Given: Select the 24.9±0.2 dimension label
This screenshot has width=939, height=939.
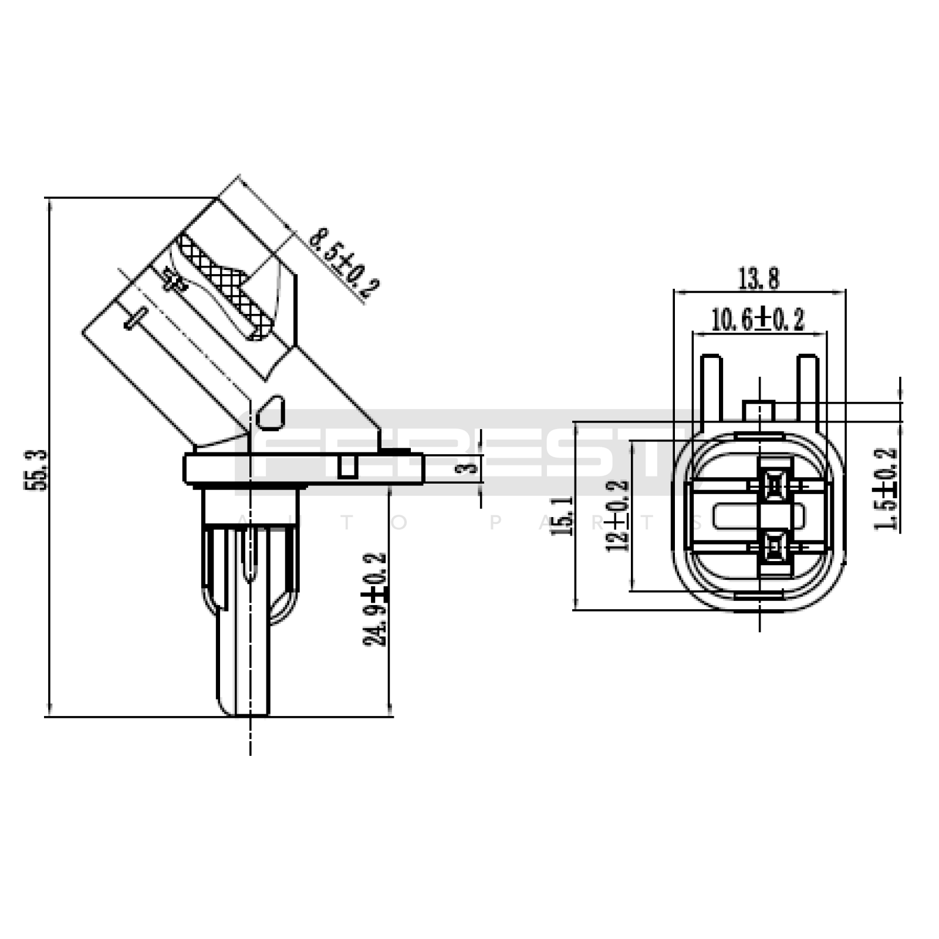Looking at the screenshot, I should click(376, 599).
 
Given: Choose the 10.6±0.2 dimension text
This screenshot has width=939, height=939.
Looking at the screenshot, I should click(758, 320).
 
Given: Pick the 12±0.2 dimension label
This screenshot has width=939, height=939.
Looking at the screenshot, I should click(617, 515).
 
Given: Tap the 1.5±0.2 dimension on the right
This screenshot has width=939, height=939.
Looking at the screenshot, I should click(886, 489).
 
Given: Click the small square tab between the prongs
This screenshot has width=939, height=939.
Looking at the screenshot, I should click(759, 411).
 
